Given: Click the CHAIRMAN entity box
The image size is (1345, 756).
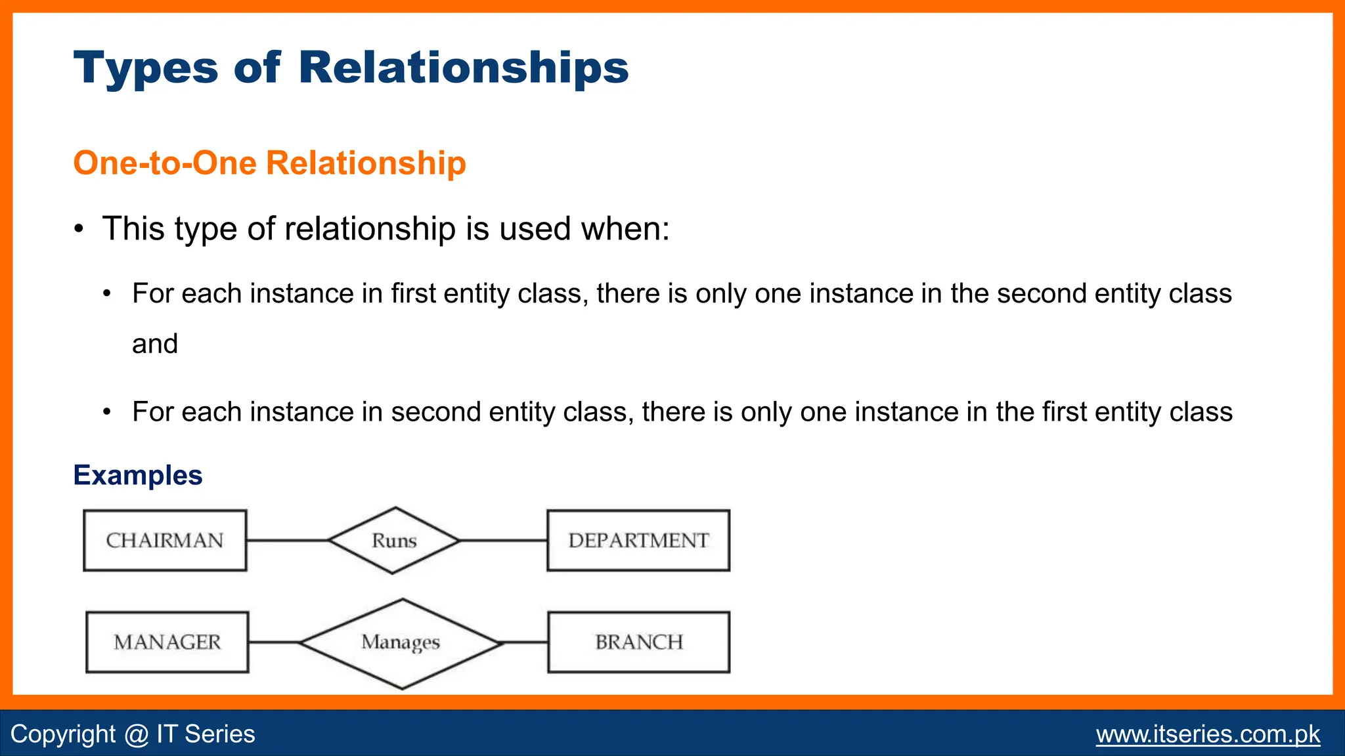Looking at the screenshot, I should point(165,540).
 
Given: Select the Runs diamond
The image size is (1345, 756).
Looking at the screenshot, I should point(394,540).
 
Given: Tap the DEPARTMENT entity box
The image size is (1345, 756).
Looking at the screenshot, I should point(638,540).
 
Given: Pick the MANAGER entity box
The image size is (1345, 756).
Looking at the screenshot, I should point(167,642).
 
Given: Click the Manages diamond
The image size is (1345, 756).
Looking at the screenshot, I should point(401,642).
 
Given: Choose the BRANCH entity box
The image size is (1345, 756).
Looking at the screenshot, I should point(638,642).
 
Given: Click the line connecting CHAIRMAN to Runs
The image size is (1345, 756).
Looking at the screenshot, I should point(287,540).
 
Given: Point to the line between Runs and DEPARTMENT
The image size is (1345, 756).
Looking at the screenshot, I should point(504,540).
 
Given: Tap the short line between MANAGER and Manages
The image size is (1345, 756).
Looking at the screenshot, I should point(274,642).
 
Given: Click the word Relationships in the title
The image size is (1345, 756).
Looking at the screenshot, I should point(463,68).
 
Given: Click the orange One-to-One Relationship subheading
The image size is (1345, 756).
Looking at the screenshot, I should point(269,163).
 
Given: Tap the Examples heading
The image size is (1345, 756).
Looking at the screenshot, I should point(138,475).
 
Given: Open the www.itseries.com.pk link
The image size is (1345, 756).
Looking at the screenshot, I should point(1207,734).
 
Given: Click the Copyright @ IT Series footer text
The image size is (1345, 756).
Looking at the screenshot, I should point(133,734).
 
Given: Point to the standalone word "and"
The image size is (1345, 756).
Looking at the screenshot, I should point(155,344).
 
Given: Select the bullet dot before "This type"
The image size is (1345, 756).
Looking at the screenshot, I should point(79,230).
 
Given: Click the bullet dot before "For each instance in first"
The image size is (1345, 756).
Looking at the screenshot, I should point(107,293).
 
